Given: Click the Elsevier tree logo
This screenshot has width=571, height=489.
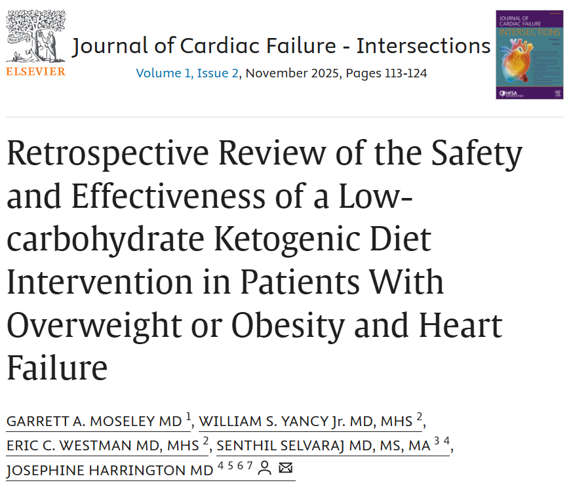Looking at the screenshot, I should (x=35, y=36).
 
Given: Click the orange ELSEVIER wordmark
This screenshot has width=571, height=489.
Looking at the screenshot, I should (x=35, y=71).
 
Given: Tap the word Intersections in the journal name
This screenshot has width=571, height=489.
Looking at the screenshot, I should (x=423, y=46).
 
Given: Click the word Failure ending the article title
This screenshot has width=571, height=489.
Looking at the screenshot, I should (x=57, y=368).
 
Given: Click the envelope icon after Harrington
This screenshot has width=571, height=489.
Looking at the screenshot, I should (x=285, y=469).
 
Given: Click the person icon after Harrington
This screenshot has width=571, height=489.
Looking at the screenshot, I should (x=265, y=469).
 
